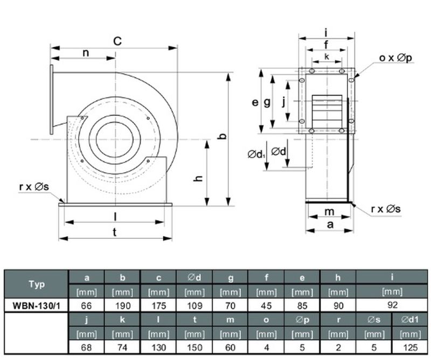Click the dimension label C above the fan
(x=117, y=41)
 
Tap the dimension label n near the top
(x=86, y=52)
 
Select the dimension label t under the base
(x=115, y=232)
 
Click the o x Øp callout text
(x=395, y=58)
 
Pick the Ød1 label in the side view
(x=257, y=154)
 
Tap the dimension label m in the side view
(x=329, y=211)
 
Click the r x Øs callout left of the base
(x=34, y=187)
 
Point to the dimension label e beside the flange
(x=255, y=102)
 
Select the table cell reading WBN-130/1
(x=36, y=306)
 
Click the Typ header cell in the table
(x=36, y=284)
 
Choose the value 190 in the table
(x=122, y=306)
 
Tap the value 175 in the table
(x=158, y=306)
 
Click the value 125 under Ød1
(x=410, y=348)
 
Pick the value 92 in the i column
(x=392, y=305)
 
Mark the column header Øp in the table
(x=302, y=320)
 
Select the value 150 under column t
(x=194, y=348)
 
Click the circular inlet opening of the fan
(x=115, y=139)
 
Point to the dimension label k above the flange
(x=326, y=57)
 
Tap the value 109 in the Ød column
(x=194, y=306)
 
